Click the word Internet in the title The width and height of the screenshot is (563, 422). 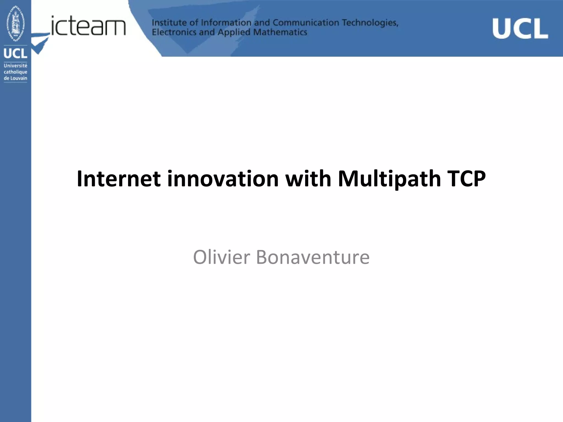click(118, 179)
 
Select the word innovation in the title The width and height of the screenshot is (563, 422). click(223, 179)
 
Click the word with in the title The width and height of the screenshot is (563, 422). click(308, 179)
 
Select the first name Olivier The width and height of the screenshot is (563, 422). click(222, 257)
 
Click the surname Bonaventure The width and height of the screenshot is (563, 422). click(313, 257)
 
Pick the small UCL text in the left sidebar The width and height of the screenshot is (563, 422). click(15, 53)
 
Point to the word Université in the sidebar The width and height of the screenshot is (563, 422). click(15, 66)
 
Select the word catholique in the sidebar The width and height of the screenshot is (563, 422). click(15, 72)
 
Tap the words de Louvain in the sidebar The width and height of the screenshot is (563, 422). click(15, 78)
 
